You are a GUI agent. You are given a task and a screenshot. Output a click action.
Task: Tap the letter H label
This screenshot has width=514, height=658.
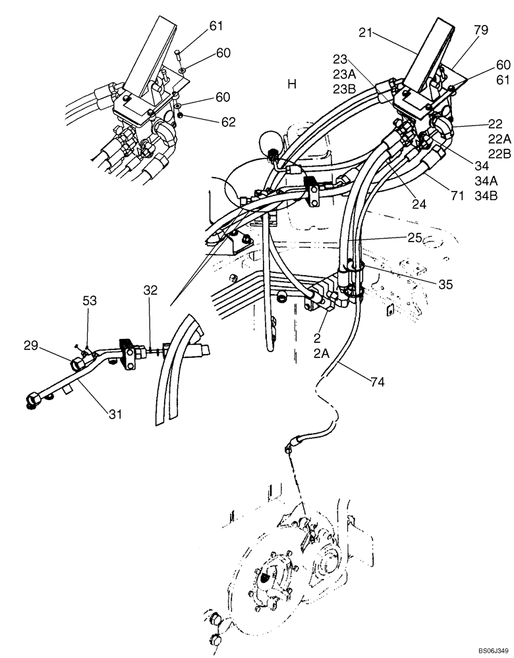coord(292,84)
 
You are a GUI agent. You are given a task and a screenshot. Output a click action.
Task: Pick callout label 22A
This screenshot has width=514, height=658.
coord(500,139)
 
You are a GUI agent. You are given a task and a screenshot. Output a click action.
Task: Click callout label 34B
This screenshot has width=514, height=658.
coord(486,196)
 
